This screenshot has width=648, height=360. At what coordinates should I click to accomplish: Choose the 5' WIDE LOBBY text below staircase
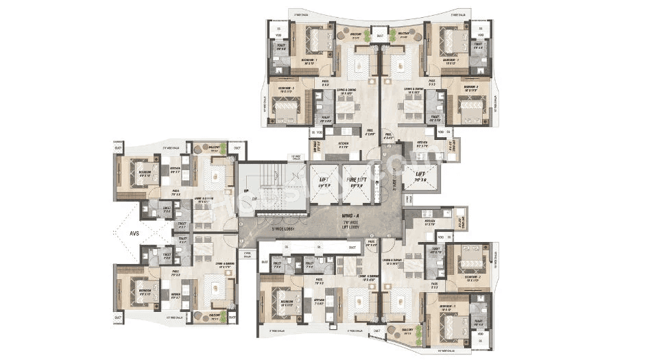272,228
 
